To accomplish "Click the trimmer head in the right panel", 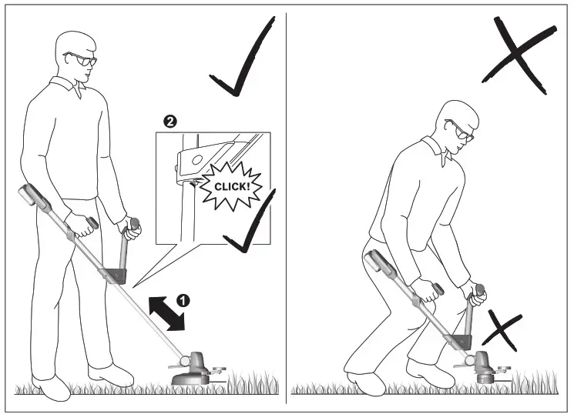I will (484, 368).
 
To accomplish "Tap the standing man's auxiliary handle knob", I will (135, 224).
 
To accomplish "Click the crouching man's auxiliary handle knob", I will (482, 291).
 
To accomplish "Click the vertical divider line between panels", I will (287, 208).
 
